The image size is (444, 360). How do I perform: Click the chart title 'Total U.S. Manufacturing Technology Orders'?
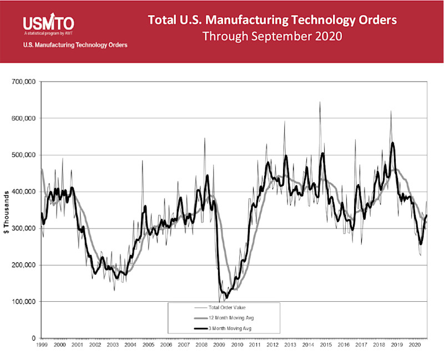(273, 21)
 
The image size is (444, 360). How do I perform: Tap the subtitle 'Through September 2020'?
(272, 37)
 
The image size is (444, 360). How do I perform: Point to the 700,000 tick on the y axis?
(24, 82)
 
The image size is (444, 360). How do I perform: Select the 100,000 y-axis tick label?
(24, 302)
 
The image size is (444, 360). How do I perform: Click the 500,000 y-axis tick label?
(24, 155)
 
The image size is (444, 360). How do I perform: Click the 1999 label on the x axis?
(42, 345)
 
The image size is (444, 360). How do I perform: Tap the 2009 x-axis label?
(219, 345)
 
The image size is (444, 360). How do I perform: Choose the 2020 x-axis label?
(413, 345)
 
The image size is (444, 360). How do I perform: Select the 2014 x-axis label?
(307, 345)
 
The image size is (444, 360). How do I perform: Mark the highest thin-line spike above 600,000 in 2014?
(320, 103)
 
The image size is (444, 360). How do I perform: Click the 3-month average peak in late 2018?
(392, 143)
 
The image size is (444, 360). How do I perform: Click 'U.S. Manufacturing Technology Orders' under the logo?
(75, 45)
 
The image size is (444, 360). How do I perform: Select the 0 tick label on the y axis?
(33, 338)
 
